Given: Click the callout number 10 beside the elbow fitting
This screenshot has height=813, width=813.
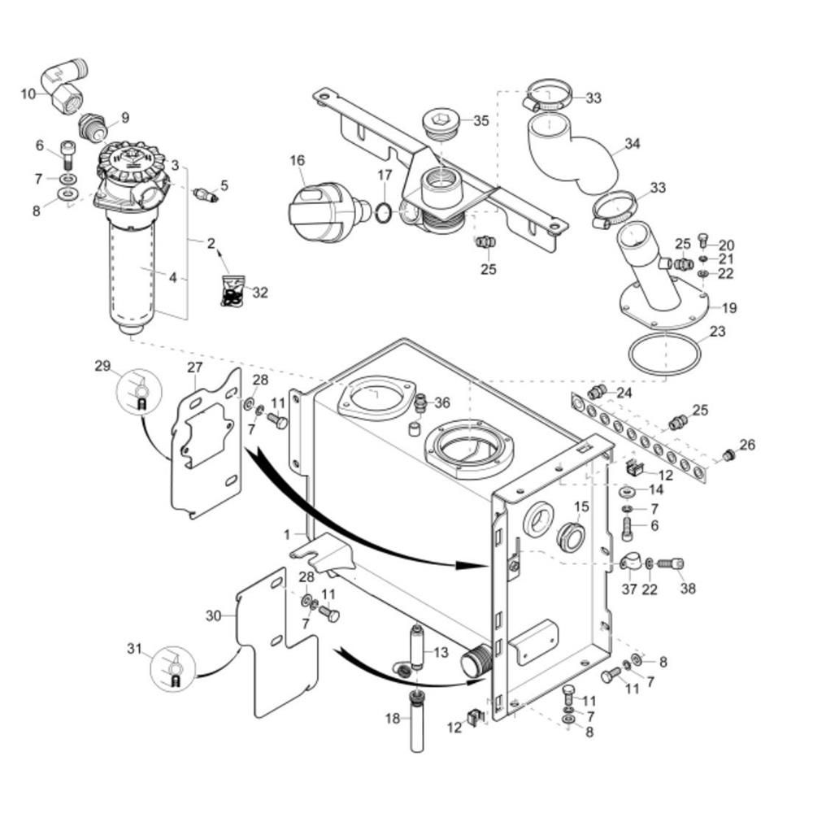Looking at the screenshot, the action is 28,93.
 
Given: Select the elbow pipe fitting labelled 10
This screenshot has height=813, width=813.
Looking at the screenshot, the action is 65,85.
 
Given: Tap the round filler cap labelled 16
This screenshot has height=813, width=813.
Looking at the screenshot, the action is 328,212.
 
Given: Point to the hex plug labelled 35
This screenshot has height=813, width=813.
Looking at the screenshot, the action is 440,125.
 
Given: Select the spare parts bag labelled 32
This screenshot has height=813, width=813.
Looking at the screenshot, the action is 234,290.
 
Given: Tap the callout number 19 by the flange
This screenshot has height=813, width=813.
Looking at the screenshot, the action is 729,307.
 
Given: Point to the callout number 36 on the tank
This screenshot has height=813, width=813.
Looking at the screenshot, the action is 442,402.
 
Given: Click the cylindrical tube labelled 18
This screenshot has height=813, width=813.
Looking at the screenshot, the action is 417,720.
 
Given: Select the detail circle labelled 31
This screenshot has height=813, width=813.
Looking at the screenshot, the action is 172,667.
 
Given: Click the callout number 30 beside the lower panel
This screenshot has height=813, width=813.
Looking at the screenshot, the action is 214,616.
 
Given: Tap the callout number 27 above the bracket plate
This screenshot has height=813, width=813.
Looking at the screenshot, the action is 195,367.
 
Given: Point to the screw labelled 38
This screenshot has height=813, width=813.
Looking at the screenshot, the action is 671,563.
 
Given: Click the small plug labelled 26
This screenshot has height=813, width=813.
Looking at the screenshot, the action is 728,456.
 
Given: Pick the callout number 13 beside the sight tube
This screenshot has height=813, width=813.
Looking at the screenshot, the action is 441,652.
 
